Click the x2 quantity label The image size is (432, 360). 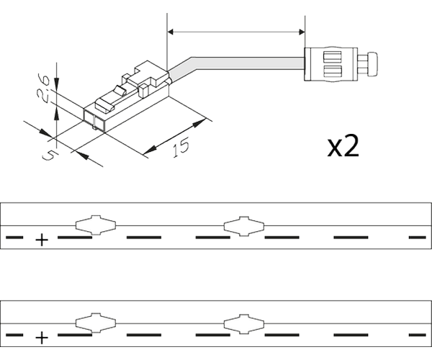click(343, 146)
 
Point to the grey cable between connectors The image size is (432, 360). click(238, 63)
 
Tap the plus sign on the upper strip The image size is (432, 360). click(42, 239)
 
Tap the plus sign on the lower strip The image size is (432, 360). click(42, 336)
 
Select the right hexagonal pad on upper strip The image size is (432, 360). click(243, 225)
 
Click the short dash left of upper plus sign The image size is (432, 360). click(14, 236)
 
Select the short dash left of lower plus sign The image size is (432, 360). click(14, 334)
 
